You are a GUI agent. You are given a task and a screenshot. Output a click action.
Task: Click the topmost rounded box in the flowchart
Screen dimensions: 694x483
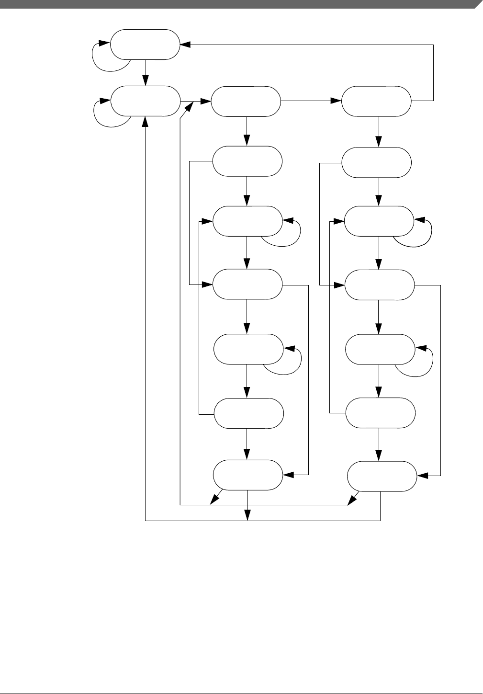click(145, 45)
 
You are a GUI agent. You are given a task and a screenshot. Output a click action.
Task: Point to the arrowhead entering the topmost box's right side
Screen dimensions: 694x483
click(185, 45)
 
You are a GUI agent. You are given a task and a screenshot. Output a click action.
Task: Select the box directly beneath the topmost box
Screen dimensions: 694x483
click(145, 101)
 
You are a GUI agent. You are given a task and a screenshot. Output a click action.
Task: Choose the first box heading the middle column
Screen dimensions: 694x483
click(246, 101)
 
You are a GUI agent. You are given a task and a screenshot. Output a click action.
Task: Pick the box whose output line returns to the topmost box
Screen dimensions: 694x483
click(376, 101)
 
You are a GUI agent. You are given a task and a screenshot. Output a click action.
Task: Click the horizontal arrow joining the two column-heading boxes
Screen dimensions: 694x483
click(311, 101)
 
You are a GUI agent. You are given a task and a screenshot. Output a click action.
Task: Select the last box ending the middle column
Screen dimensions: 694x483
click(247, 475)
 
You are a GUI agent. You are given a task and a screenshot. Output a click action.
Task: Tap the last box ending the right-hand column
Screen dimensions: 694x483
click(381, 476)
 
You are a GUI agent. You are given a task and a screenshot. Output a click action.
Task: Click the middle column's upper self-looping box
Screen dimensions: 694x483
click(247, 221)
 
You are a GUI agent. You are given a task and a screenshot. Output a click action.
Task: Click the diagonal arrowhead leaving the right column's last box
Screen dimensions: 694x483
click(352, 500)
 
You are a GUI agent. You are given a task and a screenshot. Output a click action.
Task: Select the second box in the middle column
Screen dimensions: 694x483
click(247, 161)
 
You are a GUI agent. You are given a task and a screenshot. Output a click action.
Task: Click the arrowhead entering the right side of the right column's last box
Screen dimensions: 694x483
click(422, 476)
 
